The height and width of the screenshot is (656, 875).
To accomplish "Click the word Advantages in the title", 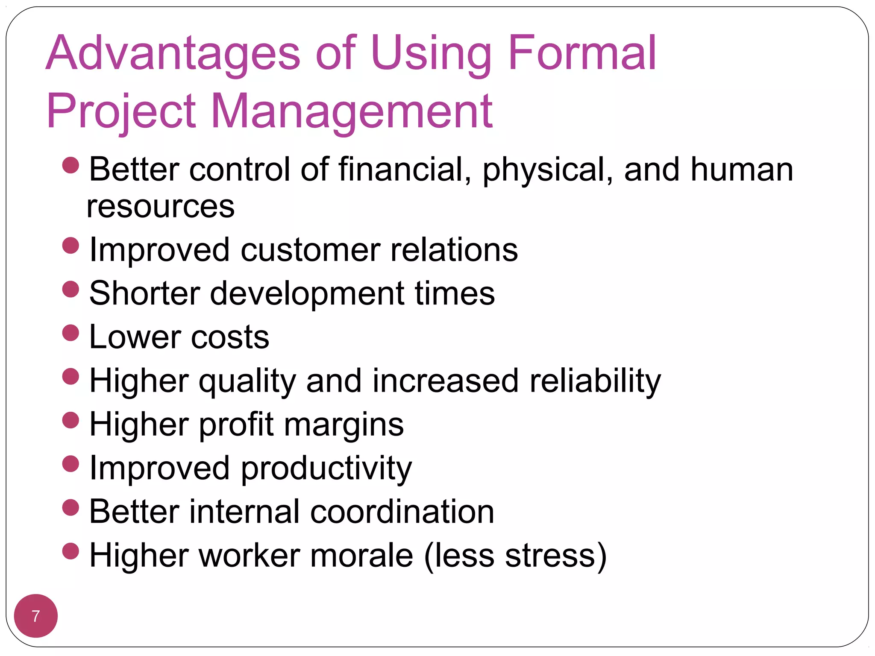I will click(173, 53).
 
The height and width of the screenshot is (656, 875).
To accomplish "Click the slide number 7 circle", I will click(36, 616).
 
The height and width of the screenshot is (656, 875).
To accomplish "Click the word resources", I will click(161, 207).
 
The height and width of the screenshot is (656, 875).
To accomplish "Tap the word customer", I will click(310, 250).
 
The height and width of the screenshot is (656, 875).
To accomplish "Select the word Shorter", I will click(145, 293).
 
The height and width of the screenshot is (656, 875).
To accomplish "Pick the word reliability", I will click(595, 381).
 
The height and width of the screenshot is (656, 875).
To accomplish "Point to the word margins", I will click(344, 425).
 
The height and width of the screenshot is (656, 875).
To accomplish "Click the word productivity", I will click(326, 469).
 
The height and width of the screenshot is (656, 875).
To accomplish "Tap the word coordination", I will click(402, 512).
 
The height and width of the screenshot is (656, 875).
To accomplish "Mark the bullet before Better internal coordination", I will click(70, 507).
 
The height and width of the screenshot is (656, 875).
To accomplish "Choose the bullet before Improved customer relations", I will click(70, 246).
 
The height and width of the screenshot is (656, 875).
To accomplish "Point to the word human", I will click(742, 170).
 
